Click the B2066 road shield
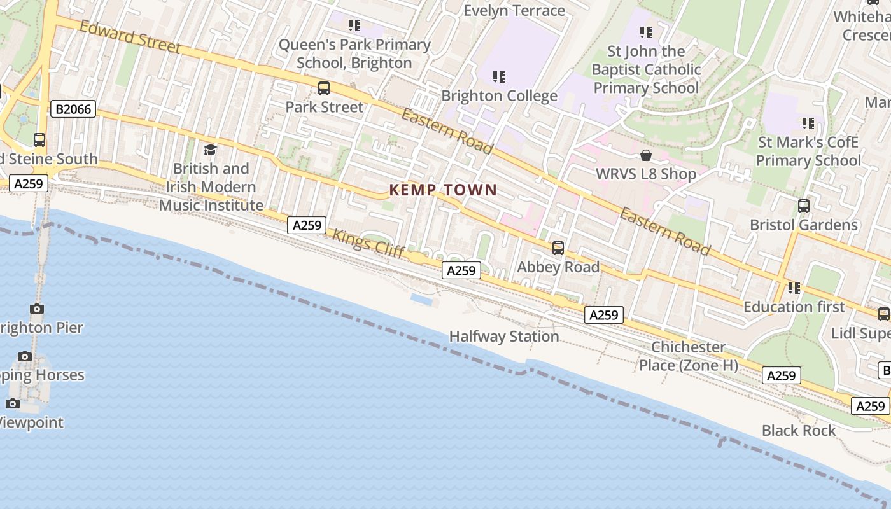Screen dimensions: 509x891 73,109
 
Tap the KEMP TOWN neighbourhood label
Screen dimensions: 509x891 443,190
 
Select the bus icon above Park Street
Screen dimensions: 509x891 324,88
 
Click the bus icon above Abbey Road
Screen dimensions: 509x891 558,248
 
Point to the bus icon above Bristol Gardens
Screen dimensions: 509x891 804,206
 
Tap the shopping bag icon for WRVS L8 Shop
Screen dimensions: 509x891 646,155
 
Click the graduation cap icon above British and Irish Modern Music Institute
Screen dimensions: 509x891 210,150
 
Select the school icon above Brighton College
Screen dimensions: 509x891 499,78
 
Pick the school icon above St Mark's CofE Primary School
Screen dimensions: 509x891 808,123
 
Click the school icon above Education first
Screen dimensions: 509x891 794,288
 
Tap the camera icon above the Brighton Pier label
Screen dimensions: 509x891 37,309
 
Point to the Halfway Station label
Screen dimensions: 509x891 504,337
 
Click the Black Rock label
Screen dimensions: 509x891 799,431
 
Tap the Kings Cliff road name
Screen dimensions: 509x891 368,243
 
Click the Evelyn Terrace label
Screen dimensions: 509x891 514,11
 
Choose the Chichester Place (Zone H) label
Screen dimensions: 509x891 689,356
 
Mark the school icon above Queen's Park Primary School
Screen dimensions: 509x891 354,25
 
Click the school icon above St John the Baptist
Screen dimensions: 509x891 646,32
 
